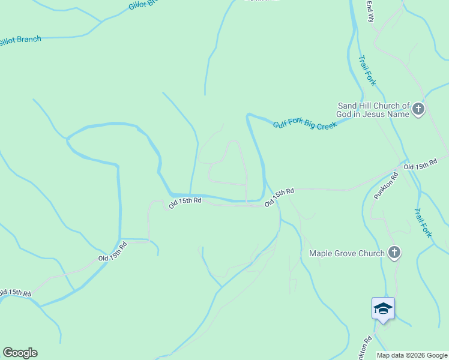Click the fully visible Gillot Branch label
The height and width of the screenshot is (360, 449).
[x=21, y=41]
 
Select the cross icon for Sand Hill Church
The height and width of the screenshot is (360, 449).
[x=418, y=110]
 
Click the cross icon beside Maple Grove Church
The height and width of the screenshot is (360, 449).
[x=394, y=253]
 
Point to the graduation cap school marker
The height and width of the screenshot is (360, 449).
[x=383, y=309]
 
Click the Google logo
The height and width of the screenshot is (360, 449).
[x=20, y=353]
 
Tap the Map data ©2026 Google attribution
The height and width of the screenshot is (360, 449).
[x=412, y=355]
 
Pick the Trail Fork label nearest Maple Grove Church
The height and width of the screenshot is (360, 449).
[x=422, y=223]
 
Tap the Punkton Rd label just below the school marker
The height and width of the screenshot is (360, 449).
[x=364, y=347]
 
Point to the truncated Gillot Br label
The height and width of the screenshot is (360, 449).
[x=145, y=5]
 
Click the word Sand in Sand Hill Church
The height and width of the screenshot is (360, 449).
[x=349, y=106]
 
